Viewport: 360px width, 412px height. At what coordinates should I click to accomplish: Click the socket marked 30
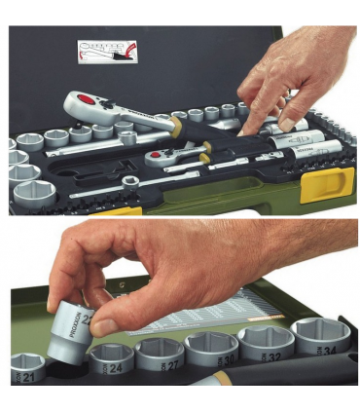click(215, 348)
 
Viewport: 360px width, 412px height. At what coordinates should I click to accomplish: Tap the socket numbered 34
click(321, 335)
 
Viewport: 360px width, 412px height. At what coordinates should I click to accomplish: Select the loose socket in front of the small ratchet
click(129, 181)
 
